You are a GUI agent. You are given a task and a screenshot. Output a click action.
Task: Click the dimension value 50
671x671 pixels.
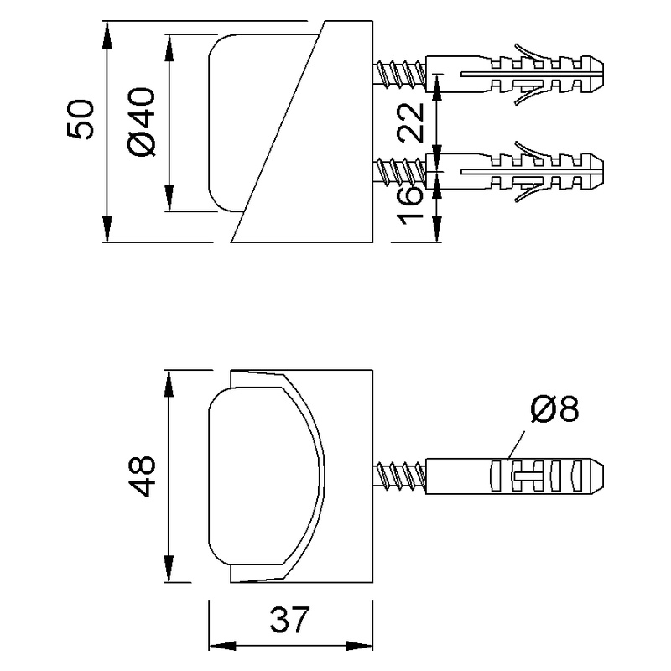[81, 119]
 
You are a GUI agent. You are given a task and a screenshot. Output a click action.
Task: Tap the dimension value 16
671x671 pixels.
[410, 206]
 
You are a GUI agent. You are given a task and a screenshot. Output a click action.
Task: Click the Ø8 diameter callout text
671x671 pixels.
[554, 409]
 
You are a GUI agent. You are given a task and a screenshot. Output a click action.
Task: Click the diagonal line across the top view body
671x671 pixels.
[277, 134]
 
